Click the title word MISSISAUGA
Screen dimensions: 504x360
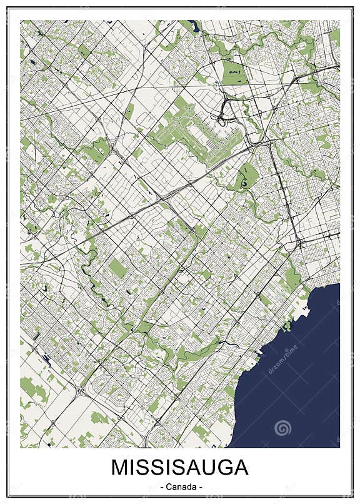point(180,468)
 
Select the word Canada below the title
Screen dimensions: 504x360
point(180,486)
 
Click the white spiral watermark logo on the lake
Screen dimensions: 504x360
point(283,428)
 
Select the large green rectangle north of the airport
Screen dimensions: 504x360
point(234,73)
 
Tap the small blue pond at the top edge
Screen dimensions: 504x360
point(194,26)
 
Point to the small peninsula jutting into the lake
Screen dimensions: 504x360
point(288,325)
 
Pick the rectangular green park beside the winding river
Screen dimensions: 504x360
point(117,269)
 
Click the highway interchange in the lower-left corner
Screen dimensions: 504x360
point(79,393)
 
